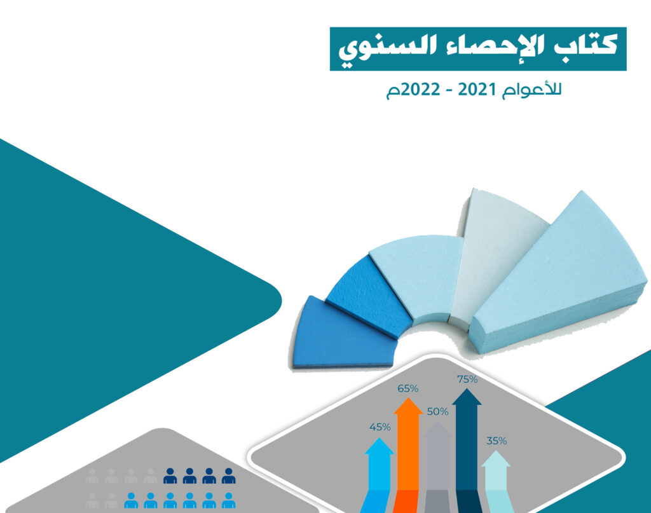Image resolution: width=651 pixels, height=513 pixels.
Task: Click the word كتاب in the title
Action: [x=585, y=46]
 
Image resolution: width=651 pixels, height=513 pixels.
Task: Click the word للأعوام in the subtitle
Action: [x=532, y=90]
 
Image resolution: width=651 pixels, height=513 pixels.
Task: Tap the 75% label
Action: [x=467, y=379]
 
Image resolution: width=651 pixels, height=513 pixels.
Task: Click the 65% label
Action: [x=408, y=388]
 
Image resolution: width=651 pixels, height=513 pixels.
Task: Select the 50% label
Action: [x=437, y=412]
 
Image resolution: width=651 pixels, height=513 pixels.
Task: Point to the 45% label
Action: [x=380, y=427]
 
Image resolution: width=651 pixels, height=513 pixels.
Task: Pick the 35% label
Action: [x=497, y=441]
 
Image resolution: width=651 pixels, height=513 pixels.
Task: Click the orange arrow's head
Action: [x=408, y=406]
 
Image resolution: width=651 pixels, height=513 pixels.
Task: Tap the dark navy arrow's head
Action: [x=467, y=397]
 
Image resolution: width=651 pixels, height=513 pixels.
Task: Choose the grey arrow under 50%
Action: [x=437, y=467]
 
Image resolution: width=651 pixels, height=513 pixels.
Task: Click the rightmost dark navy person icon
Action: [x=228, y=476]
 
